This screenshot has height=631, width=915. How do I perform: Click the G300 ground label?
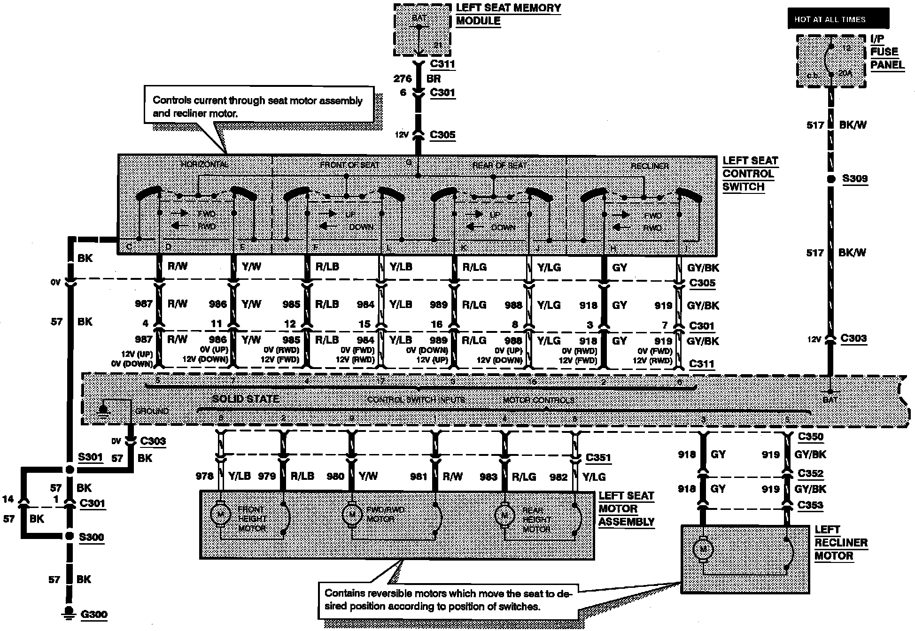94,614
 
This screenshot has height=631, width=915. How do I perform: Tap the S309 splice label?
855,178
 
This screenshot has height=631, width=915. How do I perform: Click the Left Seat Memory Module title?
508,15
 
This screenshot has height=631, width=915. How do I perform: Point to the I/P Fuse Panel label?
887,52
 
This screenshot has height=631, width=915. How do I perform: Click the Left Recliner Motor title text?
841,543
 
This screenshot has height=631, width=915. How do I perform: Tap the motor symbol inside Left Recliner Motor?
703,549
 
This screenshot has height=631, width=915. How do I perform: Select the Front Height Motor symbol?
219,515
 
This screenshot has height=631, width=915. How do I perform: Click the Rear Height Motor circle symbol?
504,515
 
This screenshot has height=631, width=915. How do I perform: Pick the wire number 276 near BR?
403,79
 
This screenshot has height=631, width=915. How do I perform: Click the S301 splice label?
91,456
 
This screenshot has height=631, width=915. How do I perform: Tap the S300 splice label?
91,537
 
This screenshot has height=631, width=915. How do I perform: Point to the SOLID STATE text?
246,399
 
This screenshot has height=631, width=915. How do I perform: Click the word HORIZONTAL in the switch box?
205,164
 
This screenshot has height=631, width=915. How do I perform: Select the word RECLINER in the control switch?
650,166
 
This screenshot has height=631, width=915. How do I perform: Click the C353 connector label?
810,505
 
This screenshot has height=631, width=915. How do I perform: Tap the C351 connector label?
598,458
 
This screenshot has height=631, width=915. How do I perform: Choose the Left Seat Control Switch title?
750,174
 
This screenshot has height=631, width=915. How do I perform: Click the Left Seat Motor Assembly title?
626,509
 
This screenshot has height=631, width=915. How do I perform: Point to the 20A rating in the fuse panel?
845,73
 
